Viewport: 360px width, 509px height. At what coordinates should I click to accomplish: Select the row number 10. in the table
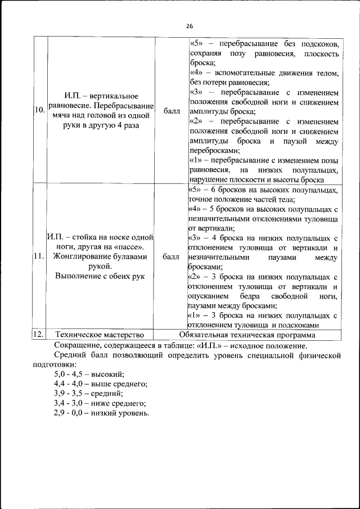coord(39,111)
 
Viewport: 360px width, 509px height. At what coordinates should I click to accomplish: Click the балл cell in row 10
coord(172,111)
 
